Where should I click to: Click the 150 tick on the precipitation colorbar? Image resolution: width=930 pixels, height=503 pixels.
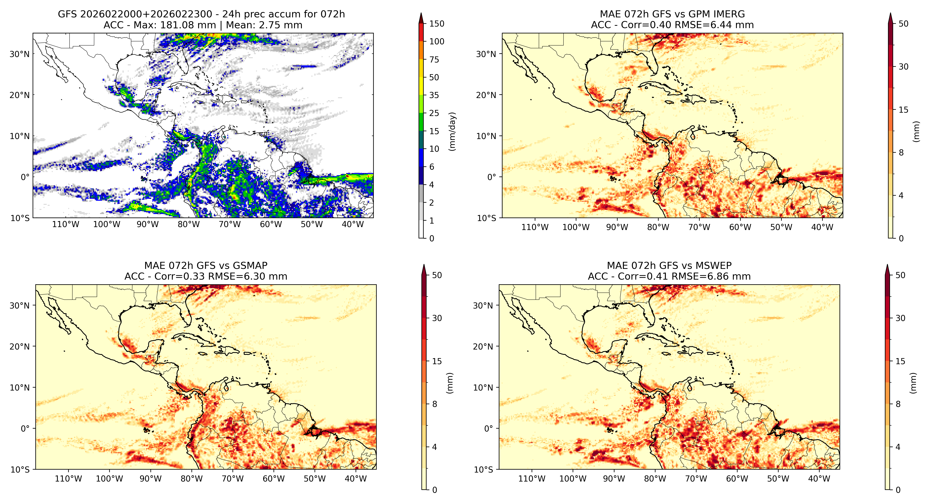coord(436,24)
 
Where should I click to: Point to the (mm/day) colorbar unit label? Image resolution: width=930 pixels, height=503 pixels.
coord(452,131)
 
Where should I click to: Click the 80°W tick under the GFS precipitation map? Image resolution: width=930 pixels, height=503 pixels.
coord(189,224)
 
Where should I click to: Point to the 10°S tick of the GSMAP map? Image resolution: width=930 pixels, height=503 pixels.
coord(20,469)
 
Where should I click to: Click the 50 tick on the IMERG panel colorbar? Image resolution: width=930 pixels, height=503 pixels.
coord(904,24)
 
